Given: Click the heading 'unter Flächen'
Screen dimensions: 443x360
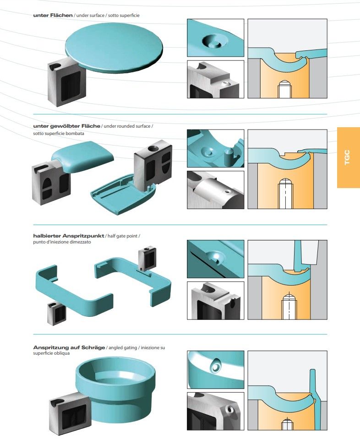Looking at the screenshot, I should click(x=53, y=16).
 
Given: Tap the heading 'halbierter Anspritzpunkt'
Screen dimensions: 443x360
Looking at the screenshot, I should click(x=69, y=236).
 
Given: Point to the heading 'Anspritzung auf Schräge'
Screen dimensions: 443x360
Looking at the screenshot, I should click(x=69, y=348).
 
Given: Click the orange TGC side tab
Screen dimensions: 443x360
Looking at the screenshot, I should click(x=348, y=157).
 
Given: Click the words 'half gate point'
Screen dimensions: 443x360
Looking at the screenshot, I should click(x=123, y=236).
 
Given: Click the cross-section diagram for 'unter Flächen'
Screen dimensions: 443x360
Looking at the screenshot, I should click(x=287, y=59).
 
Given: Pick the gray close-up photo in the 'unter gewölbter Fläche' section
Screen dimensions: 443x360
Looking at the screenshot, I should click(x=215, y=189).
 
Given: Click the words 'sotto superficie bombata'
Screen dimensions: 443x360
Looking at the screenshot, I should click(x=59, y=133).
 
